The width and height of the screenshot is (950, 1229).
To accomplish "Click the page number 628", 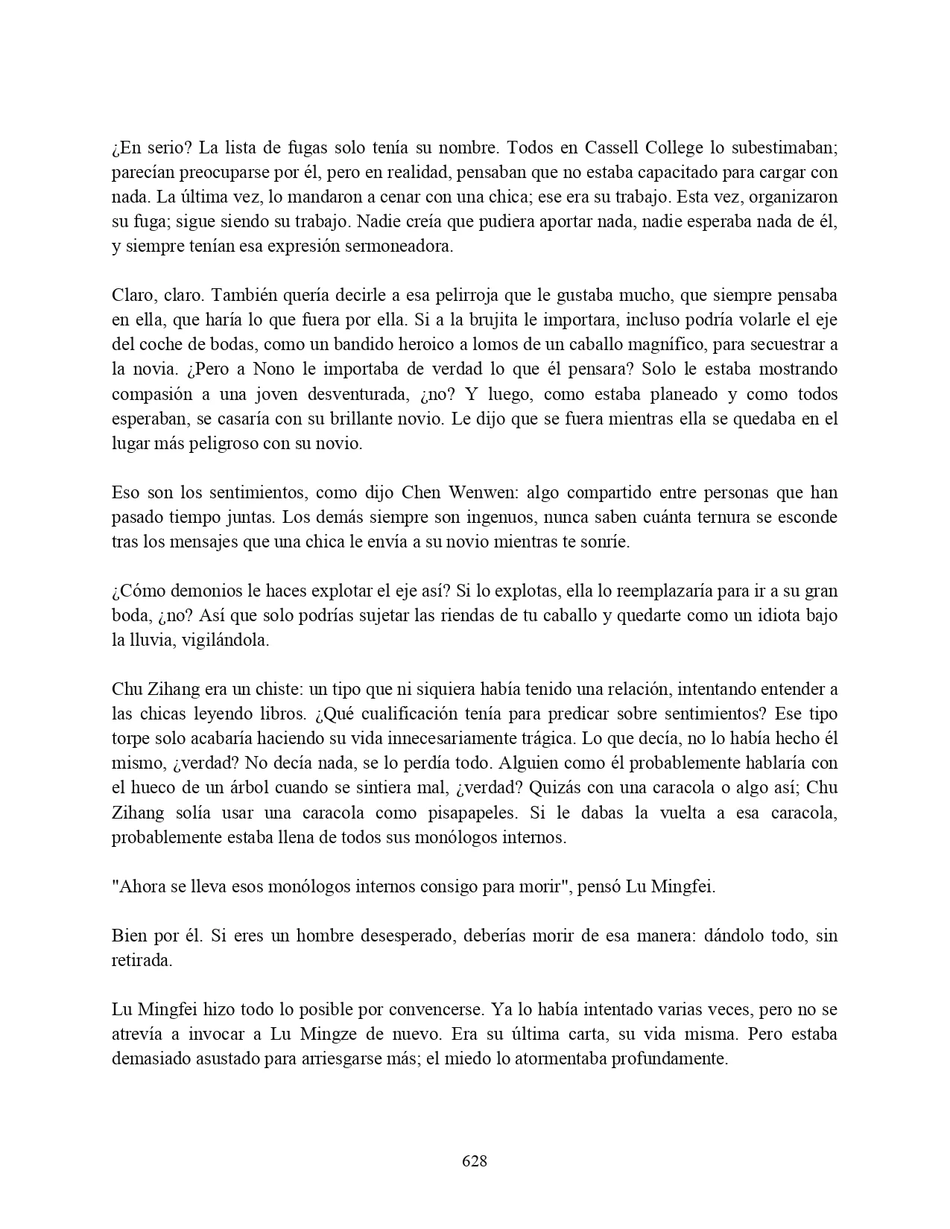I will click(475, 1160).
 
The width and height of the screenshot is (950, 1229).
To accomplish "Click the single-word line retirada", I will click(142, 960).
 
